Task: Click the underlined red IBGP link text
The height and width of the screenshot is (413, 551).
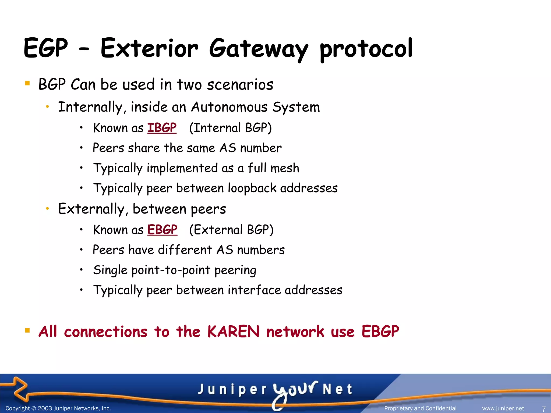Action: (x=162, y=128)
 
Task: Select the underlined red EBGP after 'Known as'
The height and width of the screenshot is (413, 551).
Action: (x=162, y=230)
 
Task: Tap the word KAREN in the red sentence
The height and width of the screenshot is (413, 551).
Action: (x=233, y=332)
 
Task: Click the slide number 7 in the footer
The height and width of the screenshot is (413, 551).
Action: (x=543, y=409)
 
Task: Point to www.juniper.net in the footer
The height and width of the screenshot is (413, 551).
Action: (x=503, y=408)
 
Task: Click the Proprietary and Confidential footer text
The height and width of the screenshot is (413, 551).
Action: (x=420, y=408)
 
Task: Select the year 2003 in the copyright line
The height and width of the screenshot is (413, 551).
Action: (x=45, y=408)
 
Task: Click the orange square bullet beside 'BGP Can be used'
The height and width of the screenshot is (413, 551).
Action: (x=27, y=83)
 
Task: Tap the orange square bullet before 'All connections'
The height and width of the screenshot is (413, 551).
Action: (x=27, y=330)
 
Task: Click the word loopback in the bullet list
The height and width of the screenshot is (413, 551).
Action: (x=252, y=188)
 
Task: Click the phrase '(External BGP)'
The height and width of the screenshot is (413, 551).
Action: (x=231, y=230)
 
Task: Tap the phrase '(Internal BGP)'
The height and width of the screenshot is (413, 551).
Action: (x=230, y=128)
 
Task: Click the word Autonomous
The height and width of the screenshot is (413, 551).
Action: (x=229, y=107)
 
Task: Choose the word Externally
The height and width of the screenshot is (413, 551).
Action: (x=91, y=209)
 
